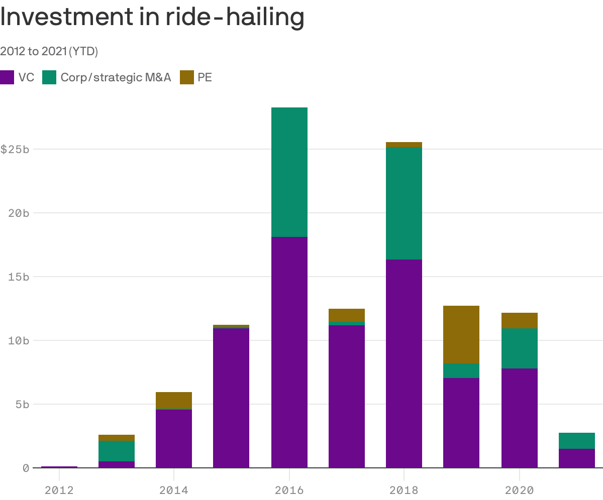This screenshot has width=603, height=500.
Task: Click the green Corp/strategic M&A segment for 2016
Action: point(289,172)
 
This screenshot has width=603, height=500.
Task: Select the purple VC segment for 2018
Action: point(404,363)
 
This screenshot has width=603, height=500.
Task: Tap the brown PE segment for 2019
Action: point(461,334)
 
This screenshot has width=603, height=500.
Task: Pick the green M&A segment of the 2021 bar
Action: point(576,441)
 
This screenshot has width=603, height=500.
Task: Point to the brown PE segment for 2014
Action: point(174,400)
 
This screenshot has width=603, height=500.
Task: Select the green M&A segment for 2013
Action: point(116,451)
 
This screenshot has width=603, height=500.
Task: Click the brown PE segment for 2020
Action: point(519,320)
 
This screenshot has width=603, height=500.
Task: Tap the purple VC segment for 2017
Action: point(346,396)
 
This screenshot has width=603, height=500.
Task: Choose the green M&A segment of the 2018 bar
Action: point(404,203)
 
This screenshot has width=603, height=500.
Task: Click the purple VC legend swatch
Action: point(7,77)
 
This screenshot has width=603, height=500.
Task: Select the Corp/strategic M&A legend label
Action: point(116,77)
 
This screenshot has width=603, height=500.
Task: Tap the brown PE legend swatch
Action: point(187,77)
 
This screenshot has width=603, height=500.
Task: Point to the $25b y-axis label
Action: point(15,150)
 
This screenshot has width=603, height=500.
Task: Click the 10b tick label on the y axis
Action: point(19,340)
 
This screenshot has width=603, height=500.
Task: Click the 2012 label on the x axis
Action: point(59,489)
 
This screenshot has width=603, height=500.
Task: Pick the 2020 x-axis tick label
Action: point(519,489)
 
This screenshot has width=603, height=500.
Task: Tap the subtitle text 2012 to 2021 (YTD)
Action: point(49,51)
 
